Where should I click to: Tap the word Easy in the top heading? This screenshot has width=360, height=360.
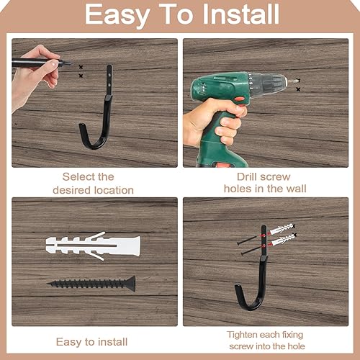tap(117, 16)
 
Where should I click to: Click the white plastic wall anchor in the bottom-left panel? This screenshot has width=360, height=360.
tap(93, 246)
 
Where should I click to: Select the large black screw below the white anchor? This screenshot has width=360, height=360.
tap(91, 284)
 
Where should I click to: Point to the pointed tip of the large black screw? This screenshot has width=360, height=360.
tap(48, 284)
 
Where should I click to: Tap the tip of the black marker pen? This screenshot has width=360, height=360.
tap(70, 63)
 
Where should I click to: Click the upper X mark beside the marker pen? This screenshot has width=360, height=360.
tap(81, 67)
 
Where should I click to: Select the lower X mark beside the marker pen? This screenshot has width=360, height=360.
tap(81, 76)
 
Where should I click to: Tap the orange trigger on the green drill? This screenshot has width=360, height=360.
tap(238, 99)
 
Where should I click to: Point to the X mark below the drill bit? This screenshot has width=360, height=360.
tap(298, 89)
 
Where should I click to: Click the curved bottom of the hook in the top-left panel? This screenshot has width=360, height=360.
tap(94, 143)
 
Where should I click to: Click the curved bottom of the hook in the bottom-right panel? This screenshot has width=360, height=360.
tap(250, 304)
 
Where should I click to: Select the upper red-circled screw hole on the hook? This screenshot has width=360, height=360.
tap(264, 235)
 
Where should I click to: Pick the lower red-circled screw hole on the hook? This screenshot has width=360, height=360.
tap(264, 246)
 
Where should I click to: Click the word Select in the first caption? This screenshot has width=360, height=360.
tap(76, 177)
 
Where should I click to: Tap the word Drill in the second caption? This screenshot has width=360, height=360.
tap(247, 177)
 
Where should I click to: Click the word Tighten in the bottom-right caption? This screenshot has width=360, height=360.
tap(242, 335)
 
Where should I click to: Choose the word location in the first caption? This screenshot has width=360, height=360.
tap(114, 190)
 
